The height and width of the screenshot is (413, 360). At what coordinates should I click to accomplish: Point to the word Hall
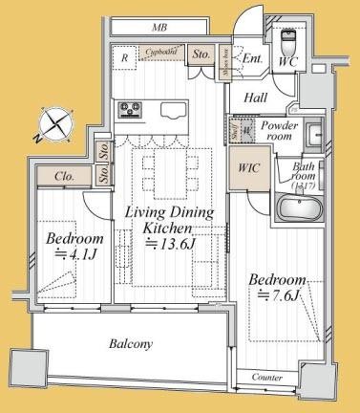(x=255, y=97)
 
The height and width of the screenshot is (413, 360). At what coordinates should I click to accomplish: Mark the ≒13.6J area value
(x=168, y=245)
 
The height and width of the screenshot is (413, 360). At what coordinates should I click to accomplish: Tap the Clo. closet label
(x=65, y=176)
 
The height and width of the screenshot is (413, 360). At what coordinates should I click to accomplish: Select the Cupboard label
(x=163, y=53)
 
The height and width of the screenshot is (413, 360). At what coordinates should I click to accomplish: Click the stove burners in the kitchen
(x=129, y=111)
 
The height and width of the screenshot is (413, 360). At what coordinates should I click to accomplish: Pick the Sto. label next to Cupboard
(x=201, y=55)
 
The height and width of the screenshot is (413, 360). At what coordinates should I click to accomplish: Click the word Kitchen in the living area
(x=168, y=228)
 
